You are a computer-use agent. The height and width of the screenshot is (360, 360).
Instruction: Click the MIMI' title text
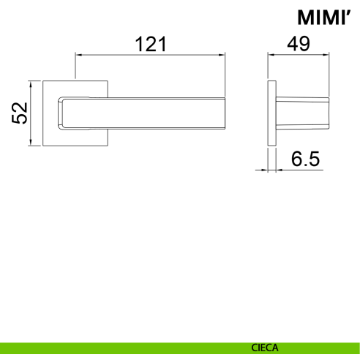click(325, 18)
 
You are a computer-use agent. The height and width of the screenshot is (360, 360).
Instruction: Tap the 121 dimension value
click(151, 44)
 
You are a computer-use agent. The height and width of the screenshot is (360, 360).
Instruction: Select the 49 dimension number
click(299, 44)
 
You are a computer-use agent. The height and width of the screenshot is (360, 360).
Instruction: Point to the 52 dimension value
click(20, 113)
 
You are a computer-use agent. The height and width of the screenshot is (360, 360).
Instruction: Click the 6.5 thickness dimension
click(305, 159)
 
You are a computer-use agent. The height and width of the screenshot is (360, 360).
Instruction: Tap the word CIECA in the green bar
click(265, 348)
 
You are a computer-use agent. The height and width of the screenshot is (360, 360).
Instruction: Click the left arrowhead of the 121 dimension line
click(78, 55)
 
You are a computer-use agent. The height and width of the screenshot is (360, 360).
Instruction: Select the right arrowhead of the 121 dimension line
click(222, 55)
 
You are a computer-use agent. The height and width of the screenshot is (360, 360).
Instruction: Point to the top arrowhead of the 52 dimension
click(31, 84)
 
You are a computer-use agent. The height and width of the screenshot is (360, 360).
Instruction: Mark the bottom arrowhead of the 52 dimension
click(31, 143)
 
